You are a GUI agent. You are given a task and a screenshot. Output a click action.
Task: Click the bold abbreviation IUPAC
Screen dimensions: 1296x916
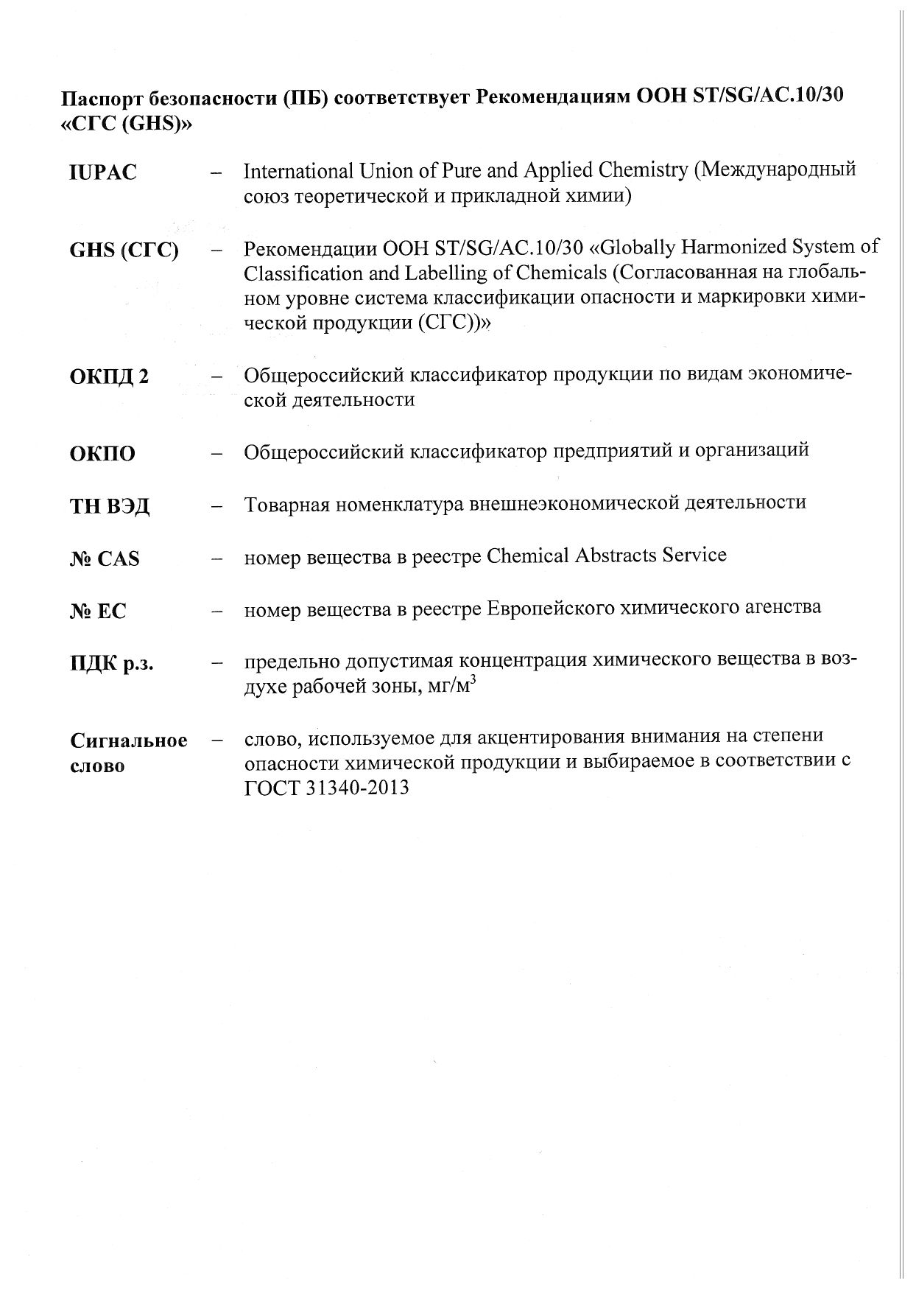(x=103, y=173)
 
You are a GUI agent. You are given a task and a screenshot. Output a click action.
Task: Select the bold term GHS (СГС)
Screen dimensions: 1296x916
(x=124, y=251)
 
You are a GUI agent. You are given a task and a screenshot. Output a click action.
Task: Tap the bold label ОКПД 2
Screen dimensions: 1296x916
(x=109, y=376)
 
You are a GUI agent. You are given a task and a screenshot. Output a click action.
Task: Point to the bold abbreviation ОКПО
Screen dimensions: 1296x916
(x=102, y=454)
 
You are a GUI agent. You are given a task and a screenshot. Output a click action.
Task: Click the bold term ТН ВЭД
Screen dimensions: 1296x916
(x=110, y=507)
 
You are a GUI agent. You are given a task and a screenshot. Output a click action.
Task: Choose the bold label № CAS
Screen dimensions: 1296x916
(x=105, y=559)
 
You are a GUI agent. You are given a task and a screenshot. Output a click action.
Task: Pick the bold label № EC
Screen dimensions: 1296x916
(x=99, y=612)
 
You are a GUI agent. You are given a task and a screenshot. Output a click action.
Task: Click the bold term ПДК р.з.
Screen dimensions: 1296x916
(x=111, y=664)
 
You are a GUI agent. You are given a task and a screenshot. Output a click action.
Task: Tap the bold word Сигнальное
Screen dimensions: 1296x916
(x=129, y=740)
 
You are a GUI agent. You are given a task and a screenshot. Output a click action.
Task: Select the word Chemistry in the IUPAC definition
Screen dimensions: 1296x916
(x=643, y=172)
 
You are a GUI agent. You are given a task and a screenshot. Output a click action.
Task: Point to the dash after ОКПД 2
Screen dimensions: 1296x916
(x=216, y=376)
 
